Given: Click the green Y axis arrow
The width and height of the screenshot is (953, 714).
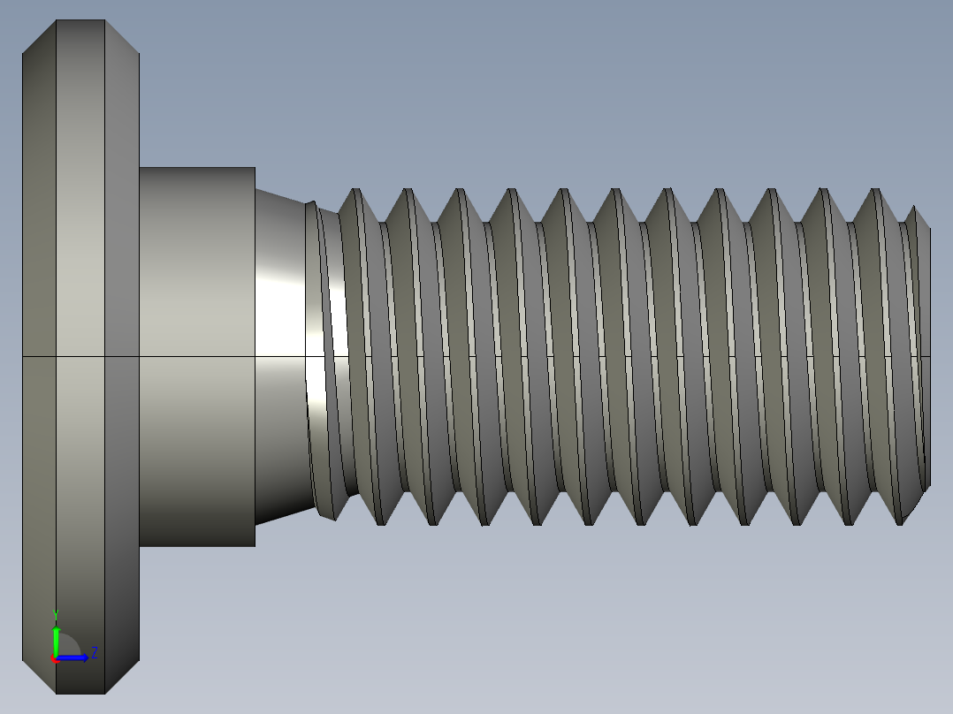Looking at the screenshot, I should (x=56, y=639).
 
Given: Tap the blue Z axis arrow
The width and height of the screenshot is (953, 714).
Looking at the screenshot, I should (x=74, y=657).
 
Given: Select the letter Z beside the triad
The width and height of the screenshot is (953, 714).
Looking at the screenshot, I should (x=95, y=653).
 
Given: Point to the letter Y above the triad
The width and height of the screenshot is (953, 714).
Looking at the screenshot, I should (x=56, y=613).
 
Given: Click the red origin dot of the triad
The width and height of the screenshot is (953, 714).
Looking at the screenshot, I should (x=54, y=658).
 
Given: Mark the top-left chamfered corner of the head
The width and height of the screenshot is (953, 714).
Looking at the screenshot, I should (x=39, y=37).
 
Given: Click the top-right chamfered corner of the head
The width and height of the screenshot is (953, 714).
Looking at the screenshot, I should (x=123, y=37).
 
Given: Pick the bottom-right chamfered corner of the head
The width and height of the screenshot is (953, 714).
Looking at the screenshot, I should (x=123, y=676).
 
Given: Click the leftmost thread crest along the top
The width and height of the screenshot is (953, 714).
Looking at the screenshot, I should (x=354, y=190).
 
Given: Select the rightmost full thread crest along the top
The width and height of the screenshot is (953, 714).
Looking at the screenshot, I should (x=875, y=190).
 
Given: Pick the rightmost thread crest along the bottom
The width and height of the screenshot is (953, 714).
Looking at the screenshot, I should (x=902, y=522).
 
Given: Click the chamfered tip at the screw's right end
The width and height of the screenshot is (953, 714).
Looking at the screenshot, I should (x=921, y=353).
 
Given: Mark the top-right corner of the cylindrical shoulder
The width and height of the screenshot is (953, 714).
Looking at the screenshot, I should (x=255, y=168).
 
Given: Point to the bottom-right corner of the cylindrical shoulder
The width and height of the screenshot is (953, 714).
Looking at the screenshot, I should (x=255, y=545).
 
